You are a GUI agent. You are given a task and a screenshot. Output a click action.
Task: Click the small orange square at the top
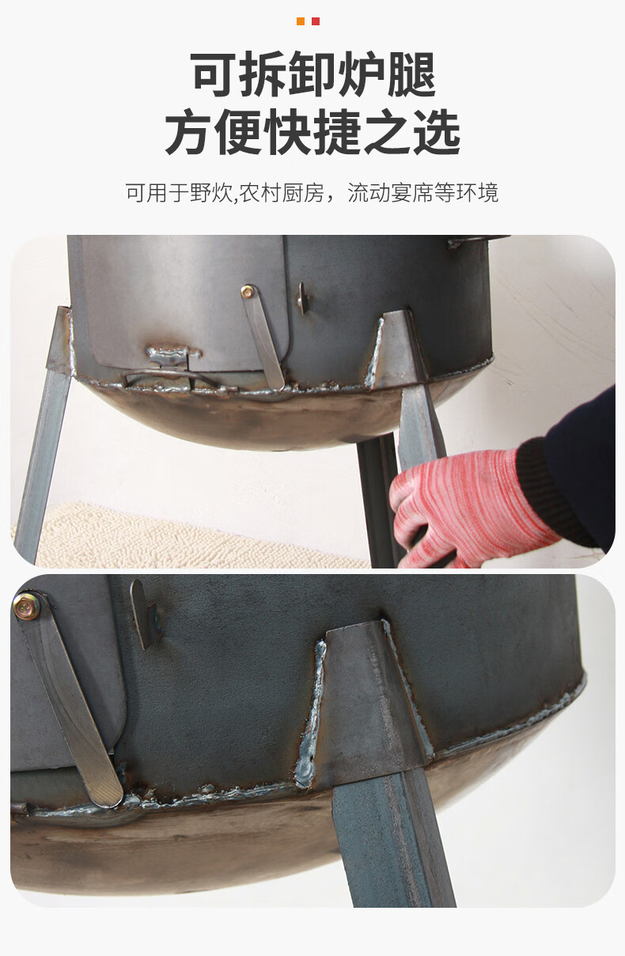pos(301,21)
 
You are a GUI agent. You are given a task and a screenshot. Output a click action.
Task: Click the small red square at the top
pos(316,21)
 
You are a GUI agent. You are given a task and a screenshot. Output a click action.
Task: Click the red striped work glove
pos(467,506)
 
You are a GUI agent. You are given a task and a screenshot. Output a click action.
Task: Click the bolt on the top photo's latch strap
pos(248,292)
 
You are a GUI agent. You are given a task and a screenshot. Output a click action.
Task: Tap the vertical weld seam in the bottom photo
pos(311,712)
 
